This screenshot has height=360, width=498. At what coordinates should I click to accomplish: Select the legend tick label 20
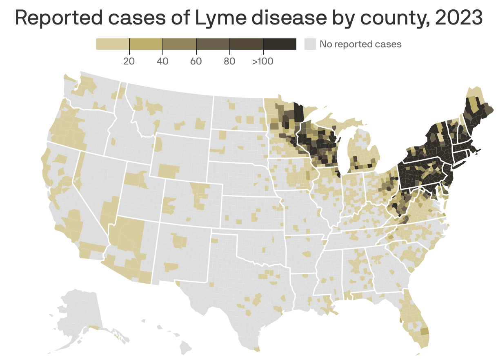point(129,62)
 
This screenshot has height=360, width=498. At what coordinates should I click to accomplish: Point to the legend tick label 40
point(162,62)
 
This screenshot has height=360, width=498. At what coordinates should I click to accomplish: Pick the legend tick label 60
point(196,62)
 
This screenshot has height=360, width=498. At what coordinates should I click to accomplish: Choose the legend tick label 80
point(229,62)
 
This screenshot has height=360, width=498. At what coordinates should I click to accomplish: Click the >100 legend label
point(262,62)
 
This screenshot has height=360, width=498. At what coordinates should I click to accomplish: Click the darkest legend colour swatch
point(280,44)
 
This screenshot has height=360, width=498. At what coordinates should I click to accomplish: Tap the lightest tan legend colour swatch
point(112,44)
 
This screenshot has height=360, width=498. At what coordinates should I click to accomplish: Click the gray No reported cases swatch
point(311,44)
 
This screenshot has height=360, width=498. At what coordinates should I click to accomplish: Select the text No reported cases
point(360,44)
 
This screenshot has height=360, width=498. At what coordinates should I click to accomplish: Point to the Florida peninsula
point(414,322)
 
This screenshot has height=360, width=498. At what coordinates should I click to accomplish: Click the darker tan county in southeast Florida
point(425,331)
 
